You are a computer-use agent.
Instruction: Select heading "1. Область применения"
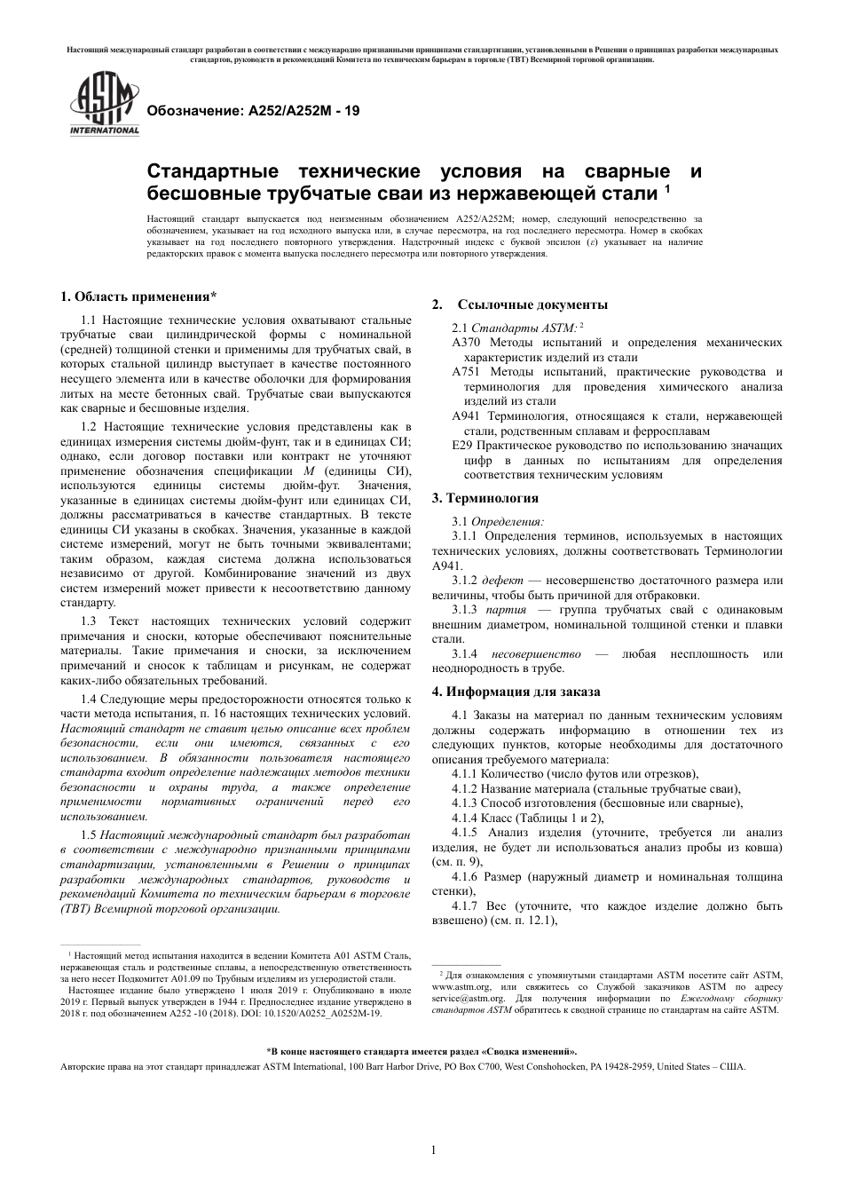coord(138,297)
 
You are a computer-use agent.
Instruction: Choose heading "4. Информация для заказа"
coord(516,691)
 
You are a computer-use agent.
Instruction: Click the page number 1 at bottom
coord(433,1150)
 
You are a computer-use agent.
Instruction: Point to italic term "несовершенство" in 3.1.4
coord(533,653)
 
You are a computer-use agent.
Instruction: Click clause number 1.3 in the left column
coord(89,621)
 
